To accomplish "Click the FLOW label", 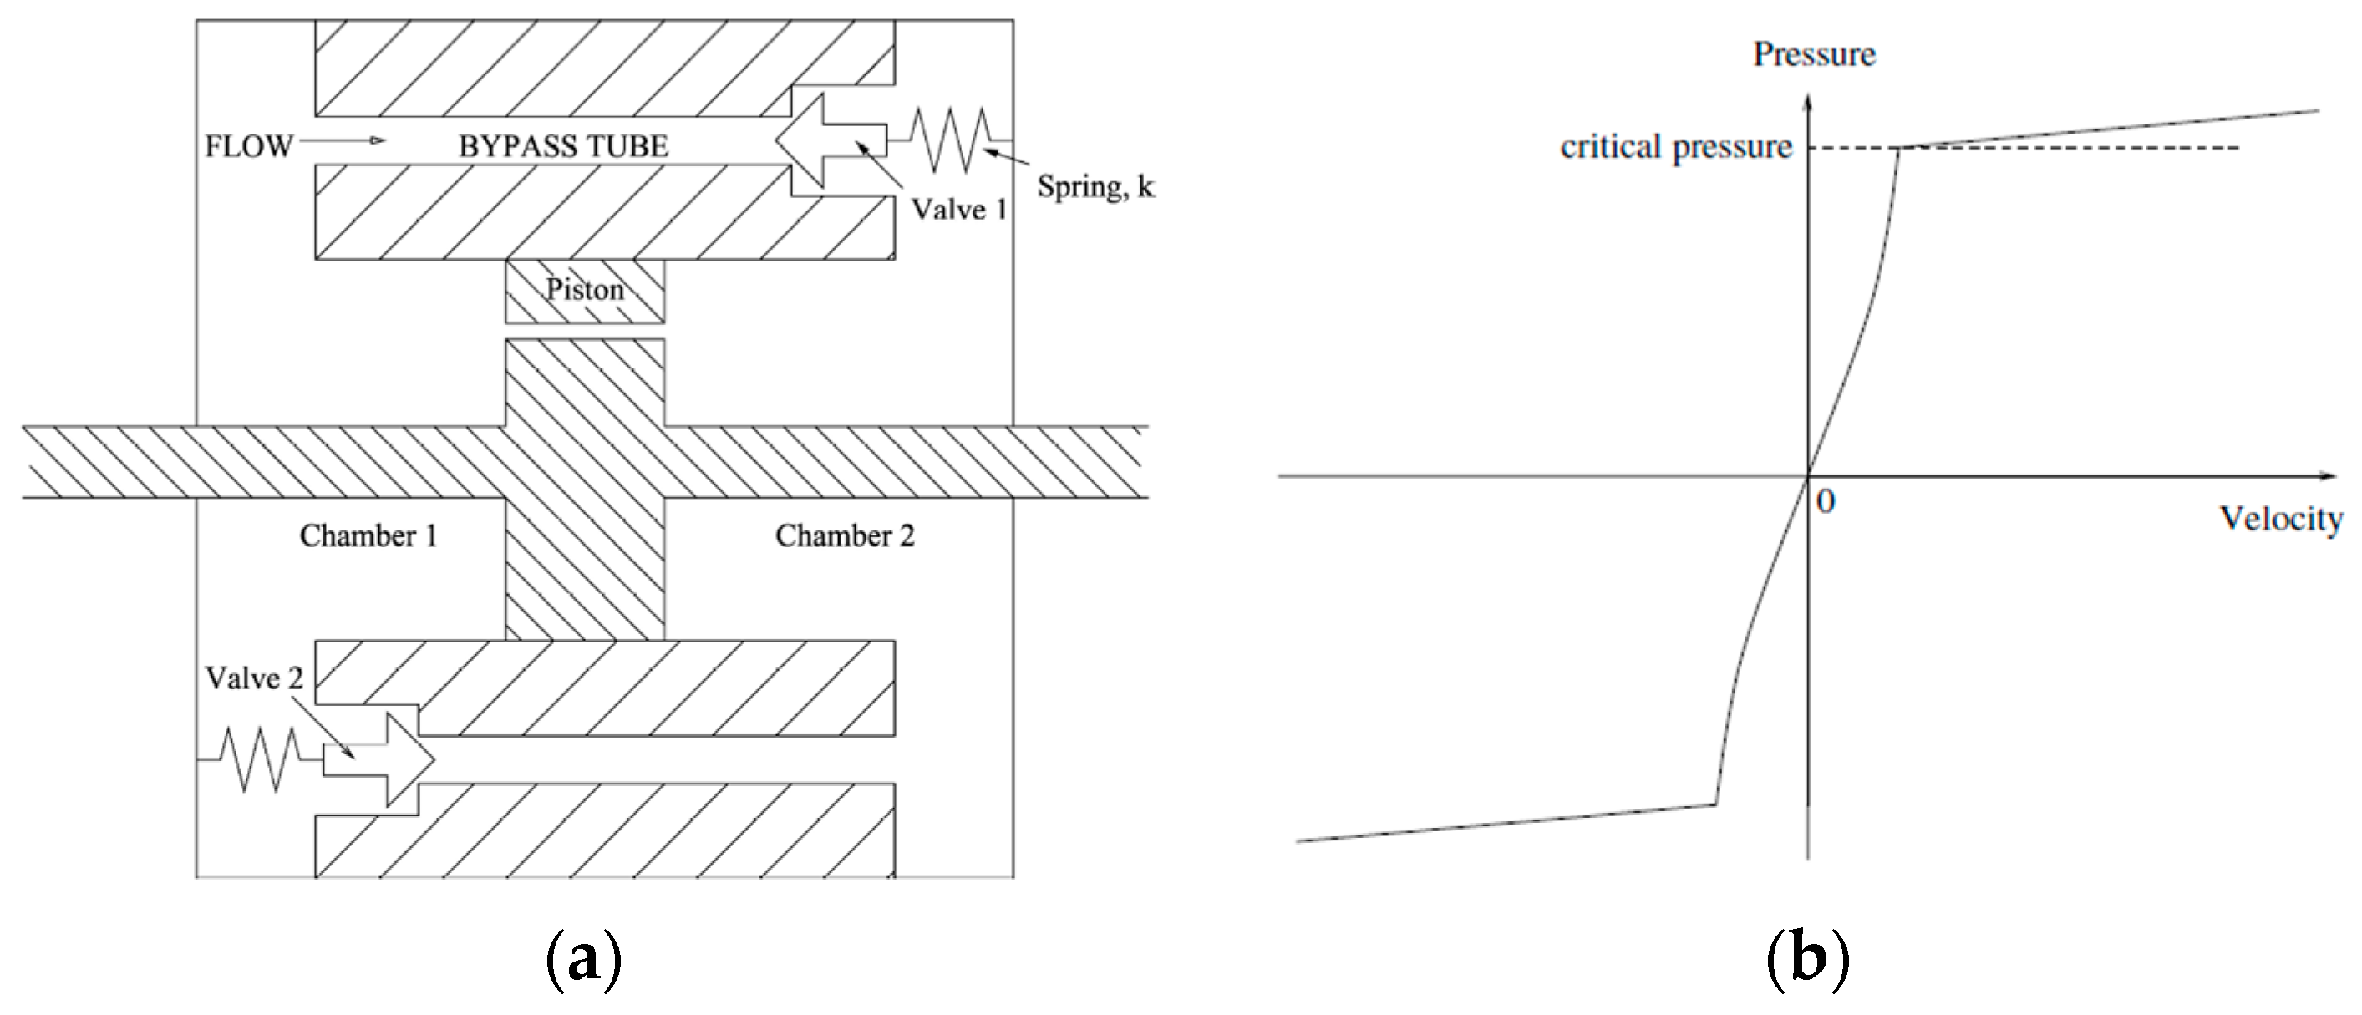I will coord(247,146).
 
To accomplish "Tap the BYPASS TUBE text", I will coord(563,146).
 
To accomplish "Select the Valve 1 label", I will coord(958,210).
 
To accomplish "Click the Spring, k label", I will coord(1094,187).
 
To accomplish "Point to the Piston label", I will coord(585,290).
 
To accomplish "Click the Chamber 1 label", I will coord(368,535).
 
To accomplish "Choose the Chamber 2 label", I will coord(845,535).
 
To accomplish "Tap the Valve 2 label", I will coord(253,678).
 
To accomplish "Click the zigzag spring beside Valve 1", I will coord(950,140).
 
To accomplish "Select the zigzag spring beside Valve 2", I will coord(261,759).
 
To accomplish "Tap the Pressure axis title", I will coord(1814,55).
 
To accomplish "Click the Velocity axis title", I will coord(2280,519).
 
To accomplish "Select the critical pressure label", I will coord(1675,148).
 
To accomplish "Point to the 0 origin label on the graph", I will coord(1825,501).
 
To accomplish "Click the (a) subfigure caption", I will coord(584,959).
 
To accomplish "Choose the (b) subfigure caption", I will coord(1807,959).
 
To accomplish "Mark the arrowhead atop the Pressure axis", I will coord(1808,103).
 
